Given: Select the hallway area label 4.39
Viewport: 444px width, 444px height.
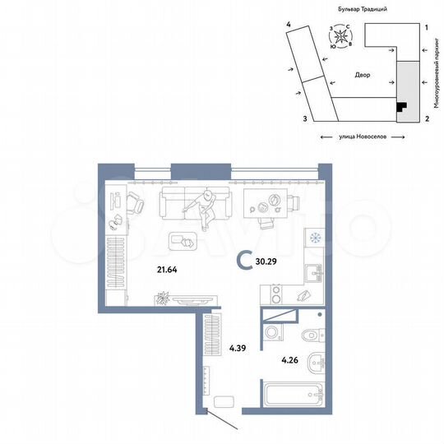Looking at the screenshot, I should (238, 348).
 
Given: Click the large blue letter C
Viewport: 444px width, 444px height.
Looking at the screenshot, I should (244, 261).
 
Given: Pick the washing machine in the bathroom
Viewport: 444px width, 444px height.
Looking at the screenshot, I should (275, 334).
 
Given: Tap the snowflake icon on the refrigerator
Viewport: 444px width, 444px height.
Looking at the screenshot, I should (315, 238).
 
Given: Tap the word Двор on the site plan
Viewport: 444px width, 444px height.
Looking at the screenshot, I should (363, 75).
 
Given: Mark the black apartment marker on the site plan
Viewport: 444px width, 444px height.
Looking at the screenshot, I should (400, 105).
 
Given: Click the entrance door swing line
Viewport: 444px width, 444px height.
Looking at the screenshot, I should (226, 422).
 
